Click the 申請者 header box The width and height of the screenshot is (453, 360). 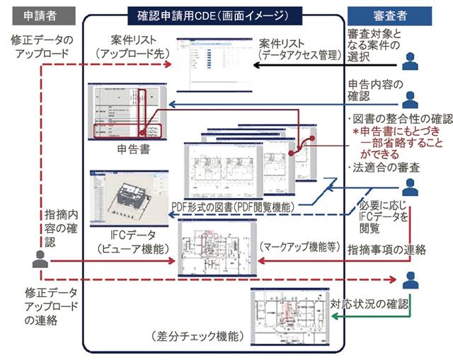click(36, 14)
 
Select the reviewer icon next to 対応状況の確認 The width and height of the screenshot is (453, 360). click(410, 281)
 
